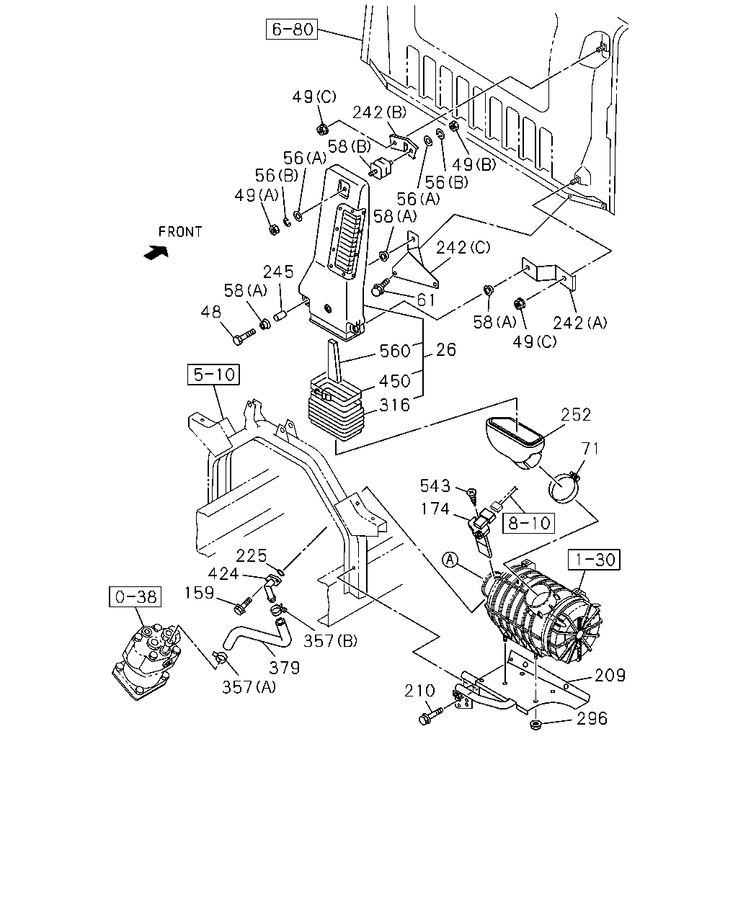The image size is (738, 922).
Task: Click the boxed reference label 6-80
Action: [x=292, y=29]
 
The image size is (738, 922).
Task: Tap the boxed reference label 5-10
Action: [x=213, y=375]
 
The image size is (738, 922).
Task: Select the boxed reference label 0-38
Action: [x=135, y=596]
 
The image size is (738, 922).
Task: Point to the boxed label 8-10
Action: [x=528, y=523]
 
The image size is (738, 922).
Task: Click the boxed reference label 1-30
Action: [x=594, y=560]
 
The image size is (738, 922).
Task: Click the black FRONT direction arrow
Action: [x=156, y=252]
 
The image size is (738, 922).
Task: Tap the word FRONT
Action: [x=180, y=232]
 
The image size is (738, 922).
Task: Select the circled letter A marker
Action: [x=450, y=560]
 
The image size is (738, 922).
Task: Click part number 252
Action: [x=576, y=414]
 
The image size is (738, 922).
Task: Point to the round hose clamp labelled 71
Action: [x=564, y=487]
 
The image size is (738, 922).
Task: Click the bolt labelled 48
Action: [x=244, y=336]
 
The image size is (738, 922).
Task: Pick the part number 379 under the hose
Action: [x=284, y=667]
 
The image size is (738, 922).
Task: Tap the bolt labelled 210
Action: [x=430, y=715]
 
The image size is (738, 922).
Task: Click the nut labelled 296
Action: [x=535, y=725]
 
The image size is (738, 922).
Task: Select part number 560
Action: [x=395, y=351]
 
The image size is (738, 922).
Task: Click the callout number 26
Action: [x=446, y=349]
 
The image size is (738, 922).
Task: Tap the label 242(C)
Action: [x=463, y=247]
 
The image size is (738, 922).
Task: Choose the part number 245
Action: [x=278, y=272]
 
